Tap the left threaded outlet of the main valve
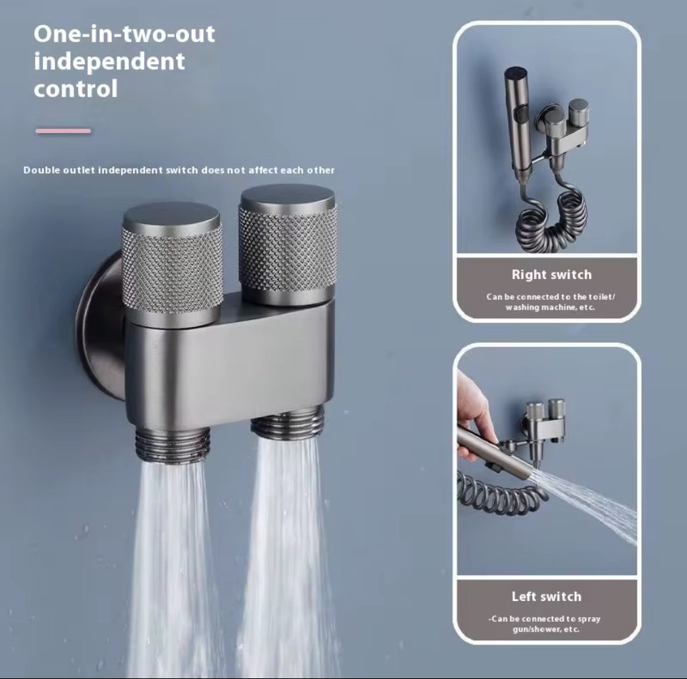tap(172, 444)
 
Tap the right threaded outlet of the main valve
tap(288, 424)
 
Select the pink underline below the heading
tap(64, 131)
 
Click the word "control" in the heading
tap(76, 89)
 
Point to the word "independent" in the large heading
tap(109, 62)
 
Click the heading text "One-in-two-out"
tap(125, 34)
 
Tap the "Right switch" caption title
tap(551, 274)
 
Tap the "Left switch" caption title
tap(546, 596)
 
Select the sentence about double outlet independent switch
tap(179, 170)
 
